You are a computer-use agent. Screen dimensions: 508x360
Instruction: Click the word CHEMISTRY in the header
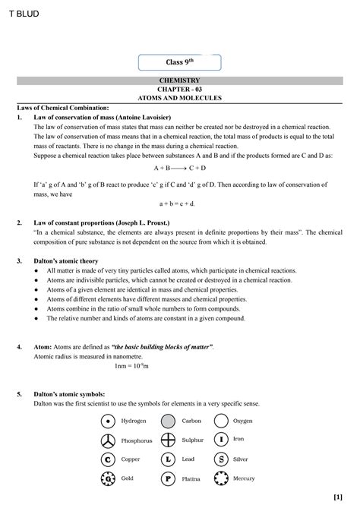[x=179, y=80]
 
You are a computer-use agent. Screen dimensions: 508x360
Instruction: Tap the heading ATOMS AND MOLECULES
[x=179, y=98]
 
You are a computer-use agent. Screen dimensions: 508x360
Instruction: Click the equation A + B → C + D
[x=179, y=168]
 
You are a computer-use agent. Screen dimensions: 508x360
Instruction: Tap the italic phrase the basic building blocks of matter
[x=162, y=346]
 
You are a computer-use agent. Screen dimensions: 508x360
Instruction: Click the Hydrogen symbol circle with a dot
[x=109, y=421]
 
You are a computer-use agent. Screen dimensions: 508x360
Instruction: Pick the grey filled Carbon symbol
[x=168, y=421]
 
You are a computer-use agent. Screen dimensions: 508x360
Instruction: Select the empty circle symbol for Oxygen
[x=221, y=421]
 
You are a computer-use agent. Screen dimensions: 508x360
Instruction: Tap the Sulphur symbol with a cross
[x=168, y=440]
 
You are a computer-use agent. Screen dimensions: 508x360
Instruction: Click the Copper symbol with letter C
[x=109, y=459]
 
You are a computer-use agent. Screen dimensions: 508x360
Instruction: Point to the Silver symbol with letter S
[x=221, y=459]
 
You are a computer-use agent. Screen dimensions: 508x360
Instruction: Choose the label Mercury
[x=244, y=478]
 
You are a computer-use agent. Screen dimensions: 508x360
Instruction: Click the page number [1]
[x=337, y=497]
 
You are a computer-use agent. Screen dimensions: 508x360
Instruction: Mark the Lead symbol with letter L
[x=168, y=459]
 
